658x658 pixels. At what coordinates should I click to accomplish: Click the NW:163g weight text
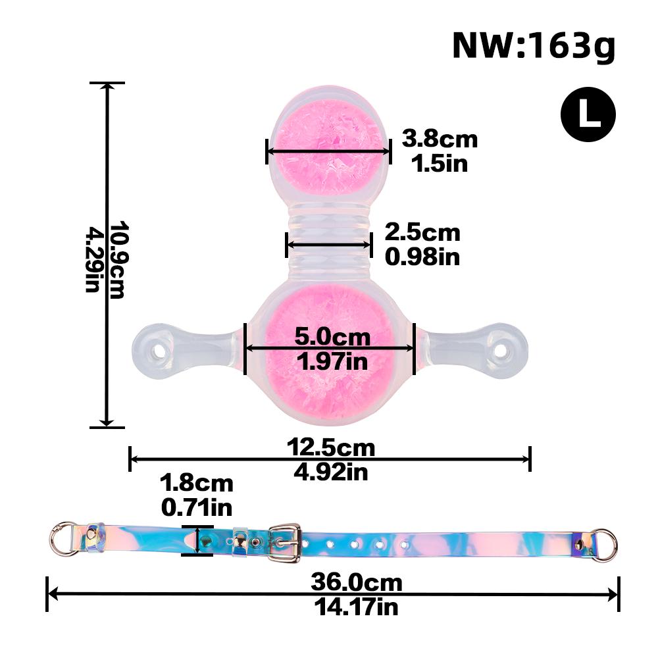[x=533, y=46]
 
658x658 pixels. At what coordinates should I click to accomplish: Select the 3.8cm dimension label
[x=440, y=139]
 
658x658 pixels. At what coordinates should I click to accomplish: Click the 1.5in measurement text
[x=440, y=163]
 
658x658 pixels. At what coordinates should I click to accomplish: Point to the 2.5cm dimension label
[x=422, y=232]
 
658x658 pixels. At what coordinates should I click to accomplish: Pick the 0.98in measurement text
[x=422, y=257]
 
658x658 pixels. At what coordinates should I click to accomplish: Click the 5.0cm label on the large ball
[x=332, y=337]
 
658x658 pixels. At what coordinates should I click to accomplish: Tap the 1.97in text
[x=332, y=361]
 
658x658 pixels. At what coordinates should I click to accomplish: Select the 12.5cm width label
[x=330, y=448]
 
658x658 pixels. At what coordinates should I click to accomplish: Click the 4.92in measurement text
[x=330, y=471]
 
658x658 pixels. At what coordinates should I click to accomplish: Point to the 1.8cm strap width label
[x=197, y=484]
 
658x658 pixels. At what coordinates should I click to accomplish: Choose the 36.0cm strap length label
[x=356, y=582]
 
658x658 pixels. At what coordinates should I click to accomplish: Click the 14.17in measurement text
[x=356, y=605]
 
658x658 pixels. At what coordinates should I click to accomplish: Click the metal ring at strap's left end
[x=63, y=538]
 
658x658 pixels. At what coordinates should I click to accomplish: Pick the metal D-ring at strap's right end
[x=604, y=545]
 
